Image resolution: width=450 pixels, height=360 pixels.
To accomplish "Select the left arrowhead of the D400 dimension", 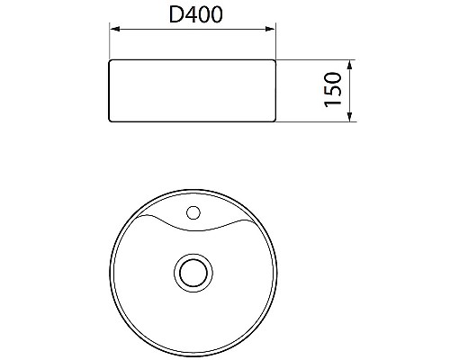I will tap(113, 31).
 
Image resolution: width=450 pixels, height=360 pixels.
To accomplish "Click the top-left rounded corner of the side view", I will tap(111, 63).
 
